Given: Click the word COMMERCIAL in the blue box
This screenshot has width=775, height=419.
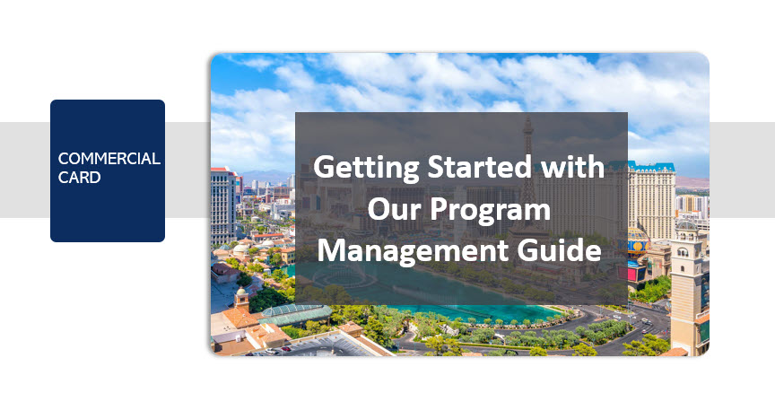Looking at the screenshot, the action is pos(109,159).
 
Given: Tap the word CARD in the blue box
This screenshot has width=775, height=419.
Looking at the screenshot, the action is pos(79,178).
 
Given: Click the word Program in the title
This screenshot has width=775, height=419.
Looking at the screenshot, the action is pos(491,211).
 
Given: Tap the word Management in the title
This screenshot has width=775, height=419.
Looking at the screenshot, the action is pos(414,251).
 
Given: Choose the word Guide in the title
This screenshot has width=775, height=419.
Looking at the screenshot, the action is pos(560,249).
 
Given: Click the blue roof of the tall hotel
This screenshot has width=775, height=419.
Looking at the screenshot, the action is pos(652,167).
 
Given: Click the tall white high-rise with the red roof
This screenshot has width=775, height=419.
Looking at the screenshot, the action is pos(223,205).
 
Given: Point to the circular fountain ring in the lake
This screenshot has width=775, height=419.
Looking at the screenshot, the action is pos(346,279).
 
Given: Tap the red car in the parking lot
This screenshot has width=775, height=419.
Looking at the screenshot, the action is pos(285,349).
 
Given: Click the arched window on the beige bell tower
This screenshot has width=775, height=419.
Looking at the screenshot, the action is pos(683,252).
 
